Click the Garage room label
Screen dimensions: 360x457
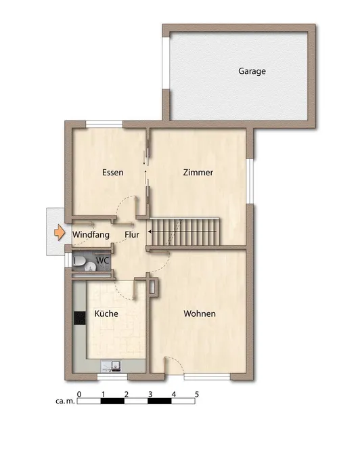(x=252, y=71)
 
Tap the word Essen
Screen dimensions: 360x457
(x=113, y=172)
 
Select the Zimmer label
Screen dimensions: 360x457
(x=198, y=172)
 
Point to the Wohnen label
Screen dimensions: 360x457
(x=200, y=313)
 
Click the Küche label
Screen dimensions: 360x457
(x=106, y=313)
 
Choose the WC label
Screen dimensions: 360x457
(x=103, y=260)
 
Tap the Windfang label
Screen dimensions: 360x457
(x=91, y=235)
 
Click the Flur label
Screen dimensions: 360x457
(x=132, y=235)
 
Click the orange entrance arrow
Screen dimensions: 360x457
(x=60, y=232)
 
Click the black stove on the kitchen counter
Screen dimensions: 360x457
(x=80, y=318)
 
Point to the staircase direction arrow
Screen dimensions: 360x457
(x=182, y=232)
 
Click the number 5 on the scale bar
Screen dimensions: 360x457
(x=197, y=394)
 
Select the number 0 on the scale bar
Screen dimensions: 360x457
(x=79, y=394)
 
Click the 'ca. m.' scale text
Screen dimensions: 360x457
(x=65, y=401)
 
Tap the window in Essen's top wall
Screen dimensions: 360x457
(x=104, y=124)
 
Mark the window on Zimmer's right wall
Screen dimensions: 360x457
(x=250, y=181)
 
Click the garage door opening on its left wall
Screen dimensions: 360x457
(x=166, y=62)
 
